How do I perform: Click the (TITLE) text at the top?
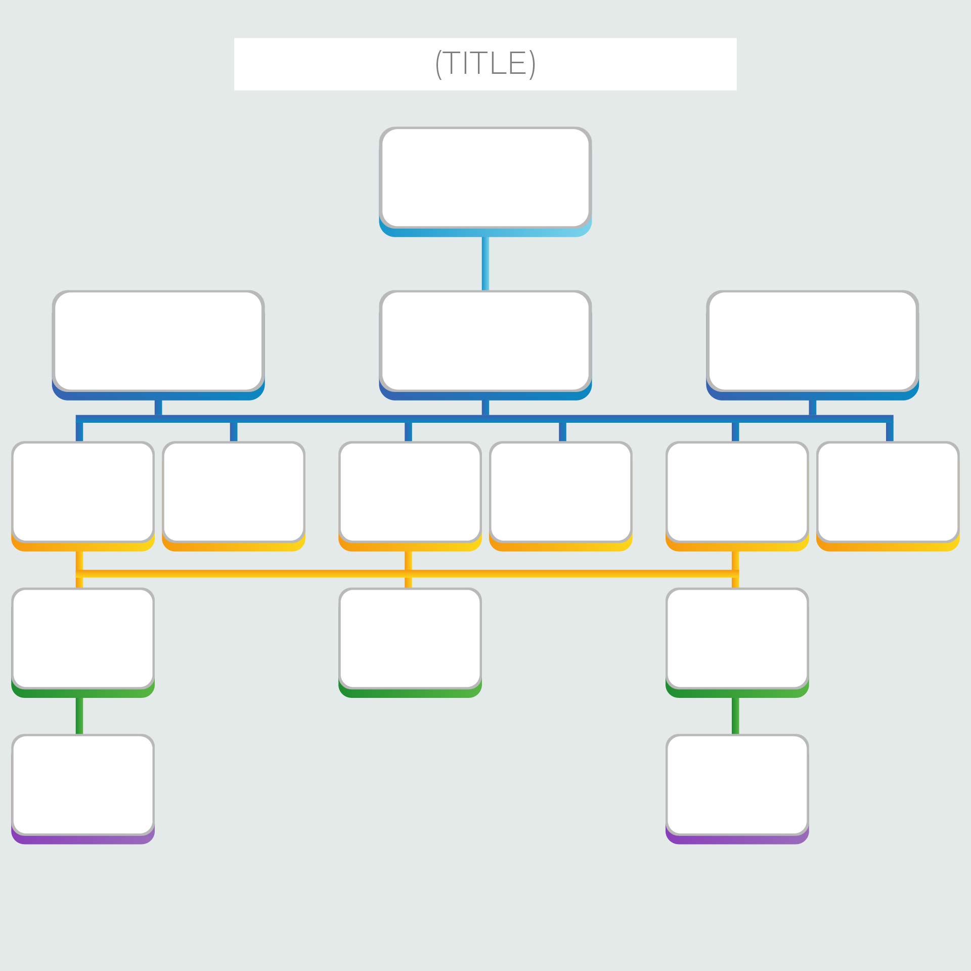[485, 64]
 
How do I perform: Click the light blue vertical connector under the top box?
[485, 263]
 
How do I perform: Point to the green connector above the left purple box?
[79, 716]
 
